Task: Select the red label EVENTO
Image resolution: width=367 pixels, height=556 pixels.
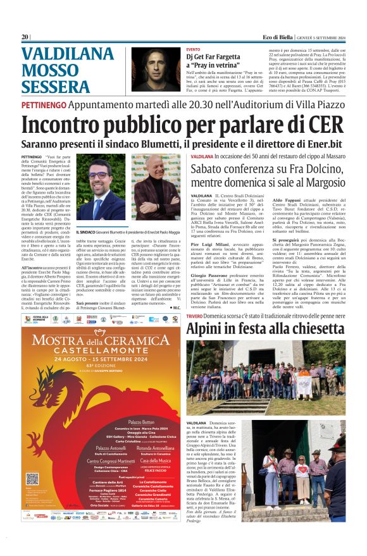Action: tap(193, 49)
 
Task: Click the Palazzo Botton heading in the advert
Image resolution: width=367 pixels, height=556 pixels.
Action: tap(140, 421)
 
